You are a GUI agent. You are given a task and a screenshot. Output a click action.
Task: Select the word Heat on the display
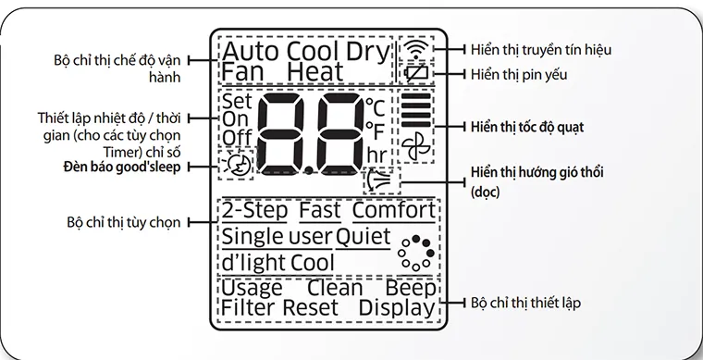(x=314, y=71)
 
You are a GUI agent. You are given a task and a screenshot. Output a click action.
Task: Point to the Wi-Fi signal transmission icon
(x=418, y=48)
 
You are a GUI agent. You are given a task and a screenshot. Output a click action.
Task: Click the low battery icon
(x=418, y=72)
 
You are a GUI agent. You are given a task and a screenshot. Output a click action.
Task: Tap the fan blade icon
(x=417, y=145)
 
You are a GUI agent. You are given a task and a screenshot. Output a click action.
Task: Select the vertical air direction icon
(x=377, y=177)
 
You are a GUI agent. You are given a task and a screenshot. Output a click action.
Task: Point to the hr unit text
(x=376, y=154)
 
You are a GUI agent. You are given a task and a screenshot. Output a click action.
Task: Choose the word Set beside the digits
(x=237, y=100)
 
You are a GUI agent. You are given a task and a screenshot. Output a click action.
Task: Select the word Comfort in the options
(x=393, y=211)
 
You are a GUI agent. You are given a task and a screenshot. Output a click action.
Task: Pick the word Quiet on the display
(x=363, y=237)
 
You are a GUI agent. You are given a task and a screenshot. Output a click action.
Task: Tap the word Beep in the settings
(x=410, y=288)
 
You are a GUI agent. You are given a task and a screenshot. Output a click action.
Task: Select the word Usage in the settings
(x=253, y=288)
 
